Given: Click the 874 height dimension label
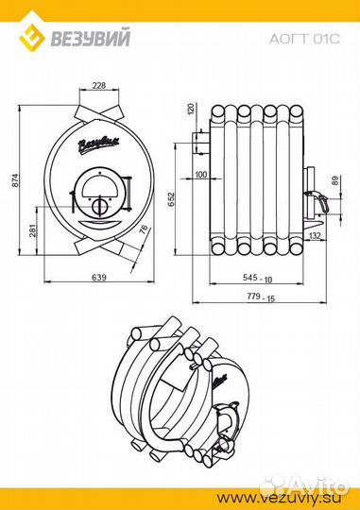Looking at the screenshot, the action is coord(16,180).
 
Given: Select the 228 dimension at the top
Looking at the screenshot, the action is coord(99,85).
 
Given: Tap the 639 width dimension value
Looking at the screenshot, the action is coord(99,277).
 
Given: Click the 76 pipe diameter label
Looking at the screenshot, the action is coord(144,229).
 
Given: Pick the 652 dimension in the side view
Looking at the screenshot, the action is coord(172,199).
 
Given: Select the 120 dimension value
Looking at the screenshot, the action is coord(191,109).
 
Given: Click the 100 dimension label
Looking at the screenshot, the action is coord(201,175).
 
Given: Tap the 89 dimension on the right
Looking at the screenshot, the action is coord(335,180).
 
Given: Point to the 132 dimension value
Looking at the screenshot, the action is coord(315,236).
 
